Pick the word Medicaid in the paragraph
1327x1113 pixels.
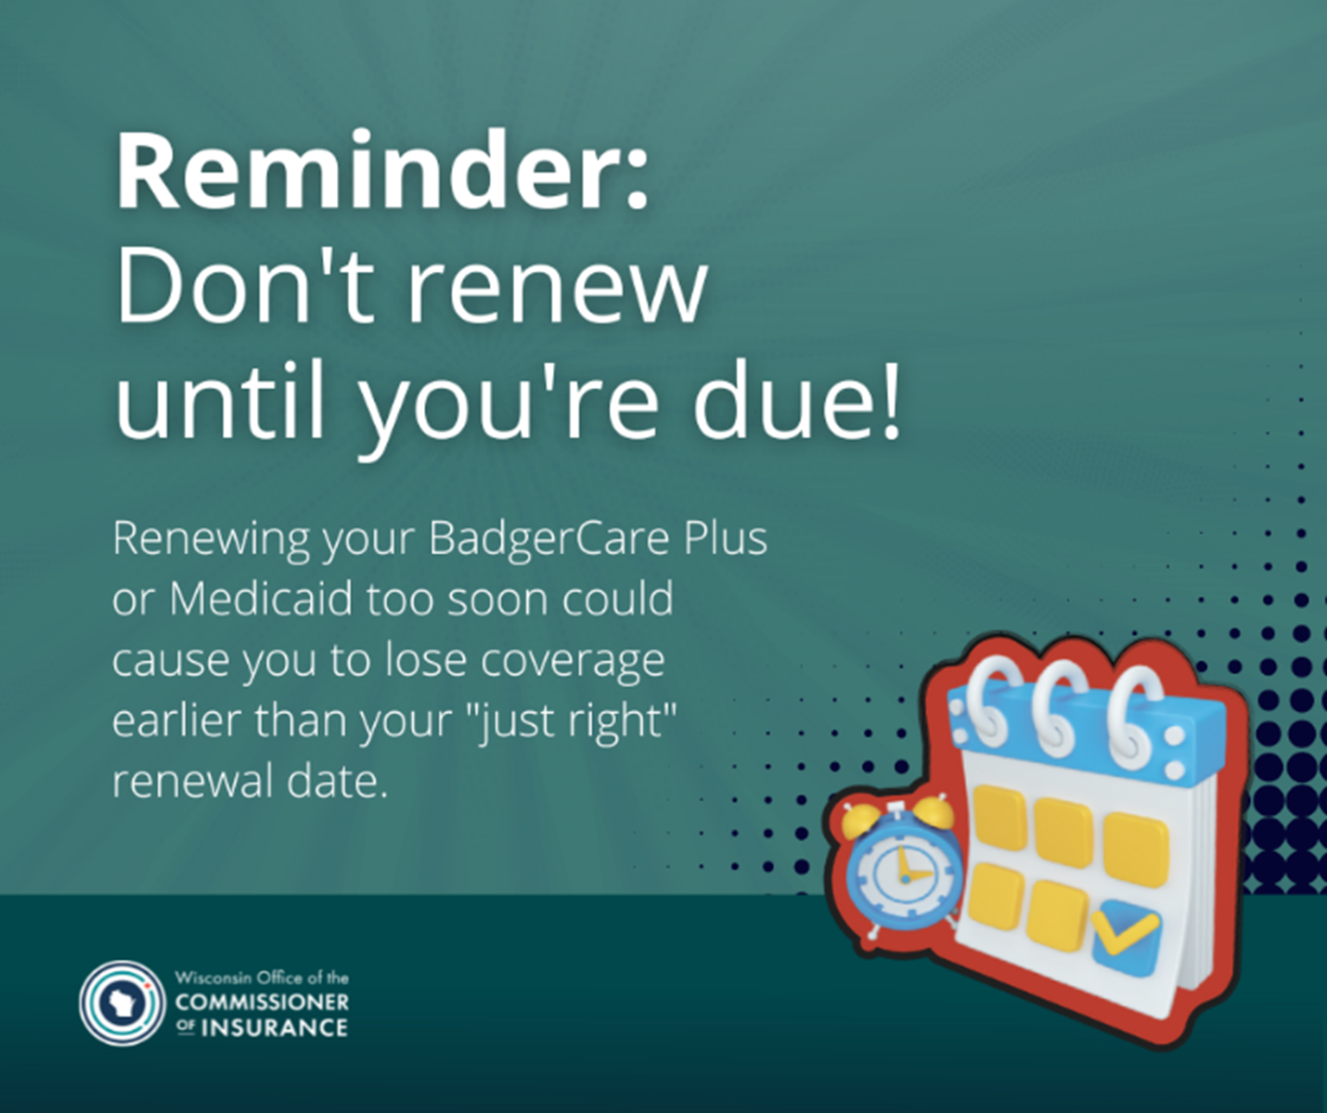pos(261,598)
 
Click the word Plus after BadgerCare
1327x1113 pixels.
pos(725,537)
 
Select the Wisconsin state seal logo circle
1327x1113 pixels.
pos(122,1003)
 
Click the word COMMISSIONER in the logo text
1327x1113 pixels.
pos(262,1003)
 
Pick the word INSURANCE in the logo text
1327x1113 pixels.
pos(274,1028)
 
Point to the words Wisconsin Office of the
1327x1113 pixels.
pos(262,977)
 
